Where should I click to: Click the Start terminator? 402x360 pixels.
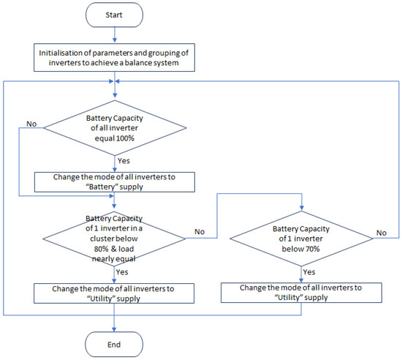[114, 15]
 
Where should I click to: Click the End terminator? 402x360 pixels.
[114, 345]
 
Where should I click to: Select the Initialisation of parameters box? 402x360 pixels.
[114, 58]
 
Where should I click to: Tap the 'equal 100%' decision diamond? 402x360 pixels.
[115, 128]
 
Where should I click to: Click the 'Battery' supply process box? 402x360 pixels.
[114, 182]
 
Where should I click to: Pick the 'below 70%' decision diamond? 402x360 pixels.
[301, 239]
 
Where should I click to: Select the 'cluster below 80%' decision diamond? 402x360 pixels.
[114, 239]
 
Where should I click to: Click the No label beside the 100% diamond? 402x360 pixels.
[31, 124]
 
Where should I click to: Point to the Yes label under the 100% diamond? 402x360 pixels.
[124, 161]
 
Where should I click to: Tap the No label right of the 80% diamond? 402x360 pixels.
[200, 232]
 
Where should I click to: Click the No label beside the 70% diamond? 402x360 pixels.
[382, 233]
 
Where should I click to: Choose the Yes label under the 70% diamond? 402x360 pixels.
[309, 272]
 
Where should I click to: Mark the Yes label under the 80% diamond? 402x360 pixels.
[122, 272]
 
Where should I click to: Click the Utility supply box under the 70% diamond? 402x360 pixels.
[301, 293]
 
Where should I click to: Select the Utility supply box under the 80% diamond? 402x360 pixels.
[114, 293]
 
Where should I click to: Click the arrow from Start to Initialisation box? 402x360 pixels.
[115, 35]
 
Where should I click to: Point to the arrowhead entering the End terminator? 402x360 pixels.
[114, 329]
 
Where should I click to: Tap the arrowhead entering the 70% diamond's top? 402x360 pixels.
[301, 208]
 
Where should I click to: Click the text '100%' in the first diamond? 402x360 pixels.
[126, 138]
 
